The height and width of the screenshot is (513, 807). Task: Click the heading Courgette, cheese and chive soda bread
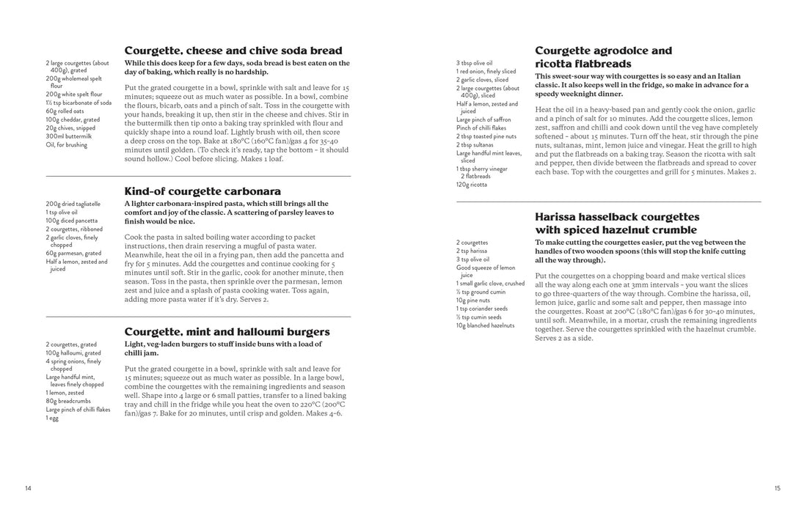233,51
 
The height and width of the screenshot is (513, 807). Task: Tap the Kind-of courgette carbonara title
202,191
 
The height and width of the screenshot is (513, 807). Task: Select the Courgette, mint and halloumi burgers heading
227,332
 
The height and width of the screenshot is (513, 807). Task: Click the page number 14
28,488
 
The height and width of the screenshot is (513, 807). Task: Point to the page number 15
777,488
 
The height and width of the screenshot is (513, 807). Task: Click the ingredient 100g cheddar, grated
73,119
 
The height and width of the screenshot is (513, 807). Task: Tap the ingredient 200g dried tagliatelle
73,204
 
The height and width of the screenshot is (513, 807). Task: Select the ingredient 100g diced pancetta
71,221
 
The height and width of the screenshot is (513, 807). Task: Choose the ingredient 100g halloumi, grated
73,353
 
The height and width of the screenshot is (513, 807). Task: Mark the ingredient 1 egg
52,418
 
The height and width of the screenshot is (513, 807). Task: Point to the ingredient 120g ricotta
472,185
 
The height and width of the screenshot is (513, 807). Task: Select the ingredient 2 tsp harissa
472,251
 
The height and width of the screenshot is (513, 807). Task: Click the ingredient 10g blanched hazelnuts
486,325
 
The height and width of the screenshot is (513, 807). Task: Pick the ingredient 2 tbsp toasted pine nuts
486,136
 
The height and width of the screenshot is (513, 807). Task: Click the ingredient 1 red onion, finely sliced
486,72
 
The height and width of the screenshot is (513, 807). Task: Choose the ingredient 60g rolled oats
66,111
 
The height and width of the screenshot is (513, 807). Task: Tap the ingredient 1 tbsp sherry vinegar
481,169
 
